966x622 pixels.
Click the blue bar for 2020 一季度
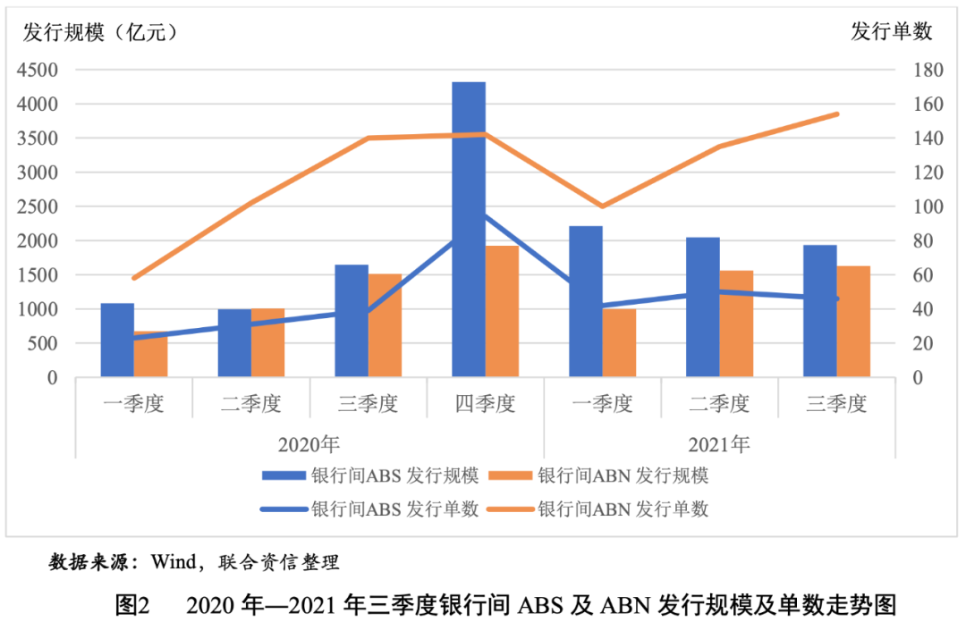(117, 340)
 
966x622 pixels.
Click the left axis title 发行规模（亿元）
(99, 31)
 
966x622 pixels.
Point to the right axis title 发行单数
(892, 31)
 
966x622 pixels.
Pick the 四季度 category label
(485, 404)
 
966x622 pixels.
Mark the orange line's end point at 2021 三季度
(836, 114)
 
